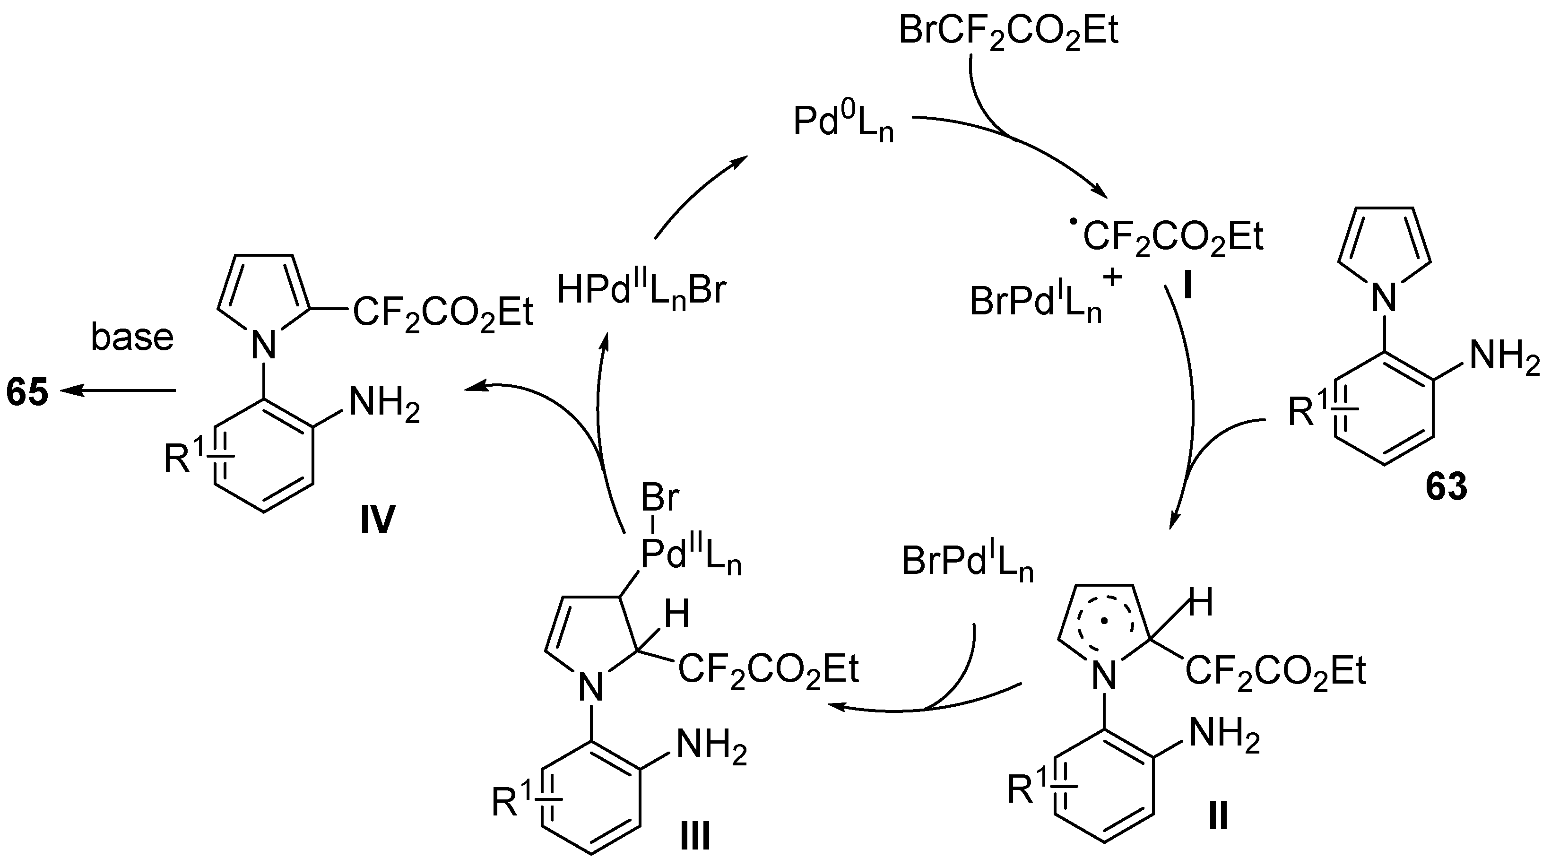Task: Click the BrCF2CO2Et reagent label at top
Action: point(1008,31)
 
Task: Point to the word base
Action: point(132,337)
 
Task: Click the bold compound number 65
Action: point(27,392)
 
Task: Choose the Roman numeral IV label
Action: point(378,519)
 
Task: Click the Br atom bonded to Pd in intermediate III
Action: point(660,499)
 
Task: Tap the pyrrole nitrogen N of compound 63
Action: point(1383,297)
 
